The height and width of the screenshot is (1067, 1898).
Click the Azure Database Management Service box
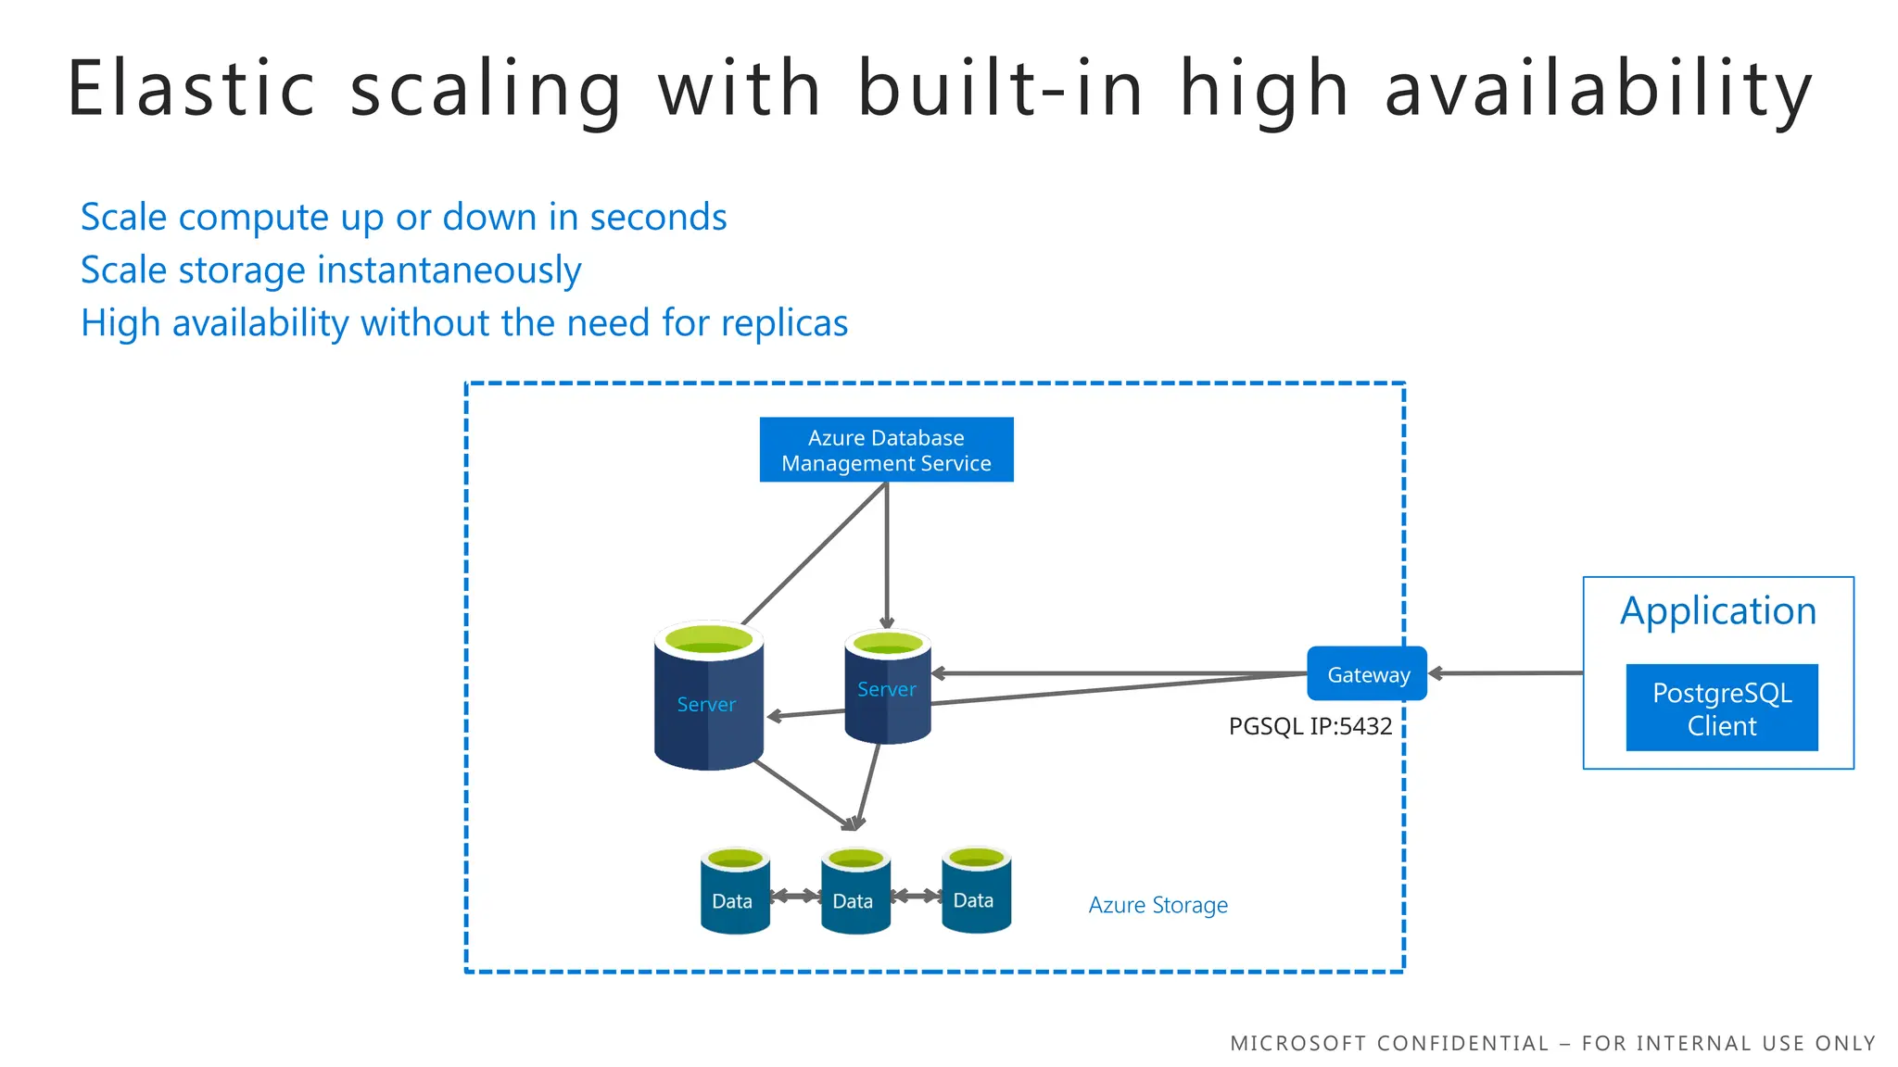(x=886, y=450)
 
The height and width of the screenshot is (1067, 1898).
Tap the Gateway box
(x=1367, y=674)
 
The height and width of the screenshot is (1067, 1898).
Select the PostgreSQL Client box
(x=1721, y=709)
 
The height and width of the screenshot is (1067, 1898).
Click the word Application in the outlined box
(x=1717, y=611)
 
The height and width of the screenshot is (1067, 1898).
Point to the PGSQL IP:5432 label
(x=1310, y=726)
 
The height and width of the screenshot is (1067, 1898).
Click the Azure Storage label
(x=1158, y=905)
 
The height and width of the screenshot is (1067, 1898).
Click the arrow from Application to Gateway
(x=1506, y=673)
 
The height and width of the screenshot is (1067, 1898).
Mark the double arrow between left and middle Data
(x=795, y=896)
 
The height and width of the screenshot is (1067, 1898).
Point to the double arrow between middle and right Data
(x=916, y=896)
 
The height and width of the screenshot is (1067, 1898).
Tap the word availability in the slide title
(x=1598, y=90)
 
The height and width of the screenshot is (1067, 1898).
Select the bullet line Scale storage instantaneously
(x=331, y=270)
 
